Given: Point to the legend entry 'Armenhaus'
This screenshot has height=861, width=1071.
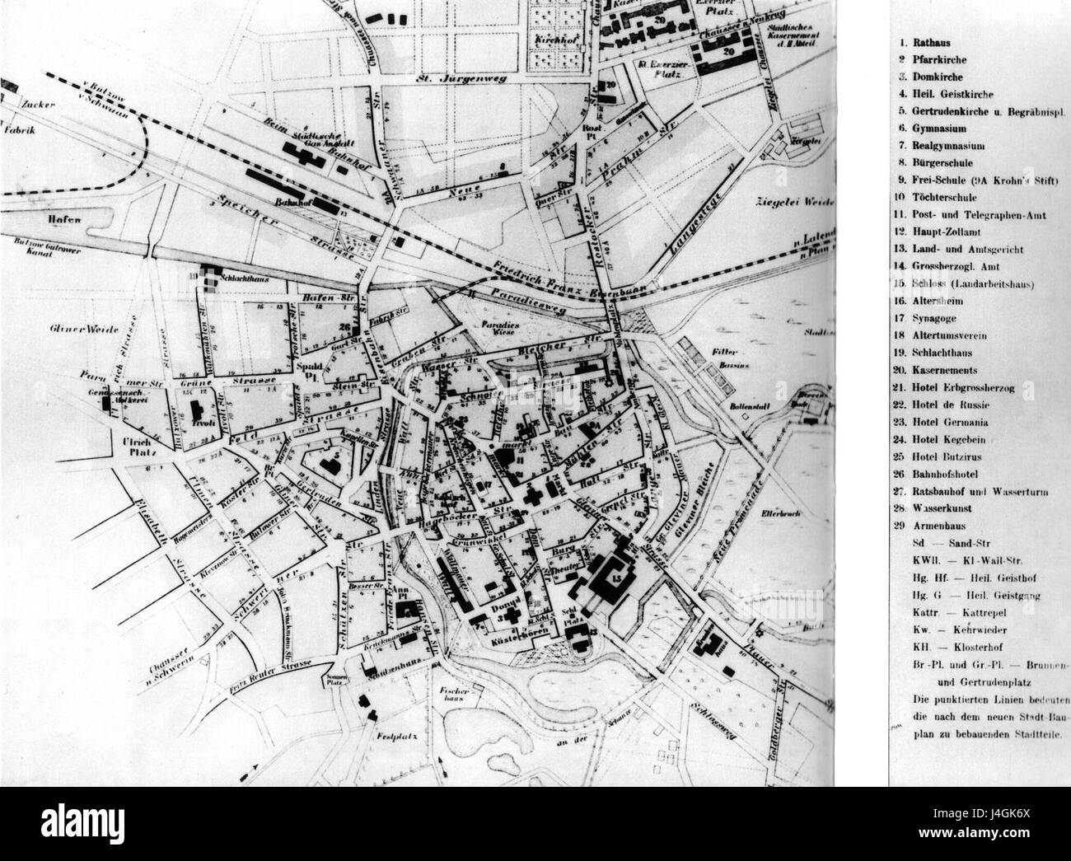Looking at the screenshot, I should pos(950,524).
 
